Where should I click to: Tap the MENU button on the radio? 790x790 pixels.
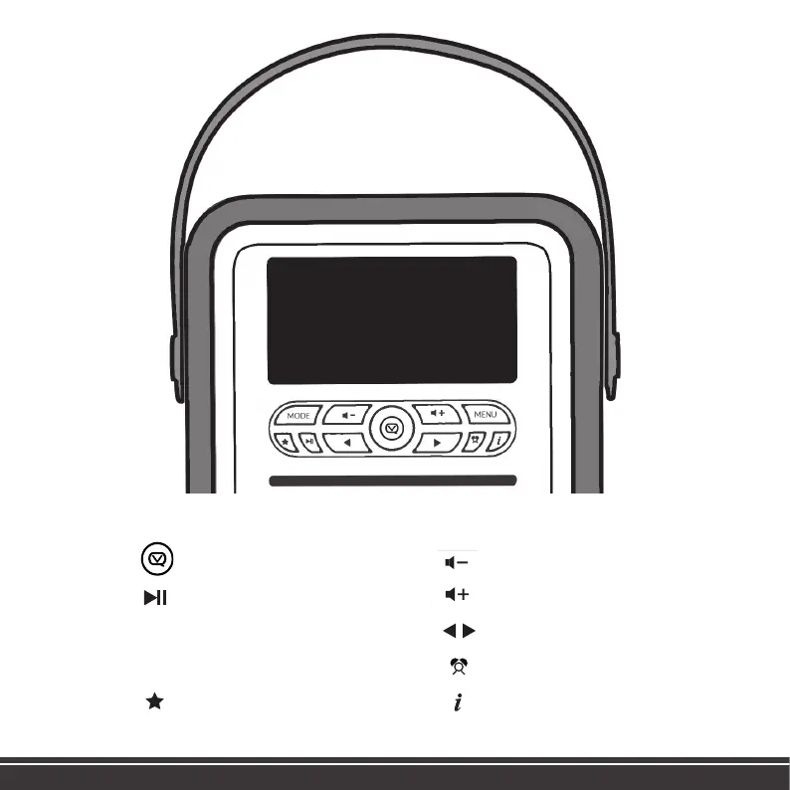click(485, 414)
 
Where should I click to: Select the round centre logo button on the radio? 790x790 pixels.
click(392, 429)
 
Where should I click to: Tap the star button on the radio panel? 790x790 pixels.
click(286, 441)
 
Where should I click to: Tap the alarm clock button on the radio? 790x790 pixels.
click(476, 441)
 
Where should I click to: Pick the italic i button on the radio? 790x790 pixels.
click(498, 441)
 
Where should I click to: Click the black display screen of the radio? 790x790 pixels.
click(392, 320)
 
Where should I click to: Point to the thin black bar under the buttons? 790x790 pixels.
click(392, 481)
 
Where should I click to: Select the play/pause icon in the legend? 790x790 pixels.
click(154, 596)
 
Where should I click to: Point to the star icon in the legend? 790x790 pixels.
click(154, 702)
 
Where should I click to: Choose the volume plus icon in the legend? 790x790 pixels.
click(458, 595)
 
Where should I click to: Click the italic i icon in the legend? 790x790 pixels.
click(458, 702)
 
